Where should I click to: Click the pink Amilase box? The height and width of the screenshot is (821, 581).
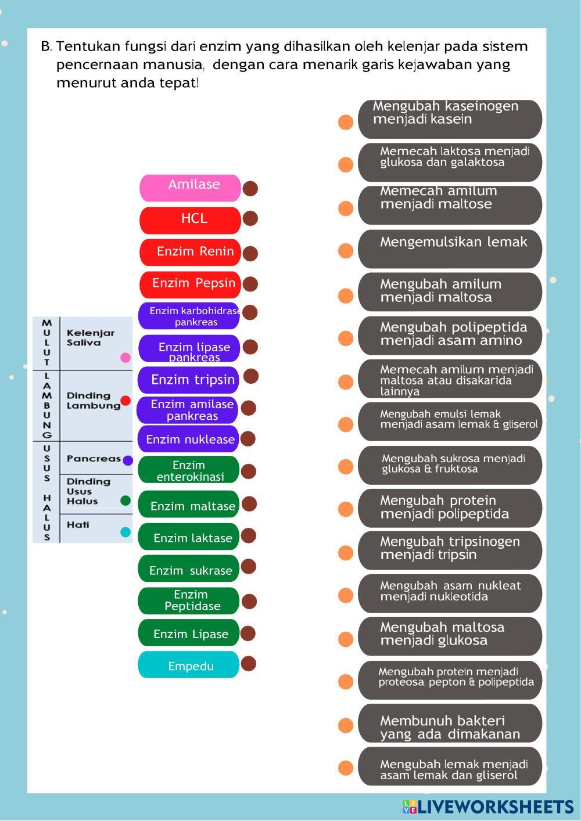click(190, 188)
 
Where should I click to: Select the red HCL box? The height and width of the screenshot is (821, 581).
click(190, 220)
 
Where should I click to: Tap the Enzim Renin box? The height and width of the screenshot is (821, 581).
click(190, 252)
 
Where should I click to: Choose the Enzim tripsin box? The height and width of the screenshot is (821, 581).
click(188, 380)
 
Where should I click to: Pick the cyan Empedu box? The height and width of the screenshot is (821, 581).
click(188, 665)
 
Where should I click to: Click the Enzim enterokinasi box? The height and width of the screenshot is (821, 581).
click(188, 470)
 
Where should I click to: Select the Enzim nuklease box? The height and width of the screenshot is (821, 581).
click(188, 439)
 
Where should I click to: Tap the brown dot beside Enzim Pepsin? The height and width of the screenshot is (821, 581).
click(250, 284)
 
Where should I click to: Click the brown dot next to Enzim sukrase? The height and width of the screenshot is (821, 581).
click(249, 567)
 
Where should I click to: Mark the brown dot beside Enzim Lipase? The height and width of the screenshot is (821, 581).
click(248, 633)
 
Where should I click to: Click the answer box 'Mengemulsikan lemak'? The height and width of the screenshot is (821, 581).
click(450, 249)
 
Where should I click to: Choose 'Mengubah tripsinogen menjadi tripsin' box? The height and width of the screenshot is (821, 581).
click(450, 549)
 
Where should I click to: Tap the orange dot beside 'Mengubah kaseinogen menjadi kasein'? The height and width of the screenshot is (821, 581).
click(346, 122)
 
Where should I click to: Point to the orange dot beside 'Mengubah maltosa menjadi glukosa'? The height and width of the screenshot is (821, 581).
click(346, 639)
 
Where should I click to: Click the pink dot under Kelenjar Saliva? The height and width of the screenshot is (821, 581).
click(125, 358)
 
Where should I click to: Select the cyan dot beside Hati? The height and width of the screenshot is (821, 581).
click(125, 532)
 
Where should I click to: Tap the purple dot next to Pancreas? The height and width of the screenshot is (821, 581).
click(128, 460)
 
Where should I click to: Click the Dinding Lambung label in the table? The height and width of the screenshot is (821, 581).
click(93, 401)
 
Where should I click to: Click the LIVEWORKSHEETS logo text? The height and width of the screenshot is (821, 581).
click(494, 806)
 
